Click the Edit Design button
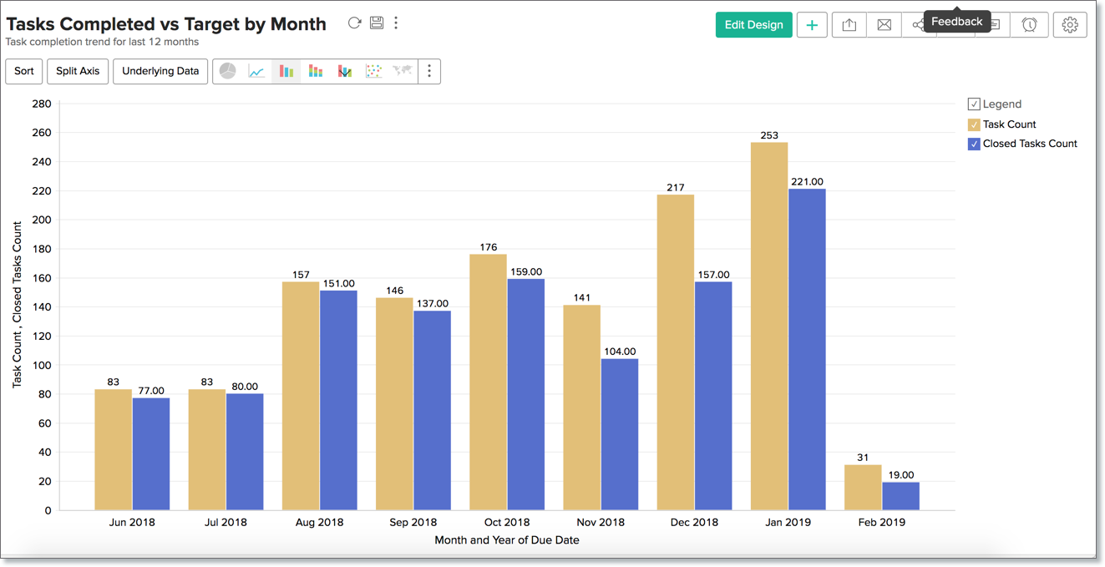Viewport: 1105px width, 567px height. [x=753, y=25]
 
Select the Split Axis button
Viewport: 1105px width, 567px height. [x=78, y=71]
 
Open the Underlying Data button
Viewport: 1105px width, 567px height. [x=160, y=71]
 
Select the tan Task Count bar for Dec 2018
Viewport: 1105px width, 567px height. [x=676, y=352]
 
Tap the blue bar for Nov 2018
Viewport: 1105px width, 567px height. [x=620, y=434]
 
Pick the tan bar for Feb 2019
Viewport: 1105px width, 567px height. [x=863, y=488]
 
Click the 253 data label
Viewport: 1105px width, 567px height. [x=769, y=135]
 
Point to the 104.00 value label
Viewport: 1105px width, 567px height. [x=620, y=352]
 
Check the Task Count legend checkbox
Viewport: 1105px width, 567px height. [x=974, y=124]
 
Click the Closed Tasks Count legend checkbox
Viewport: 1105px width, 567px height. [x=974, y=144]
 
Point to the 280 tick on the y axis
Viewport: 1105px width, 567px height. [x=41, y=104]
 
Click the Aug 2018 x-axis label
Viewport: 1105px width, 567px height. [x=319, y=522]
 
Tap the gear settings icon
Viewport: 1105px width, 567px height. [x=1070, y=25]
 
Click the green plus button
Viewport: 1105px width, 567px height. [x=812, y=25]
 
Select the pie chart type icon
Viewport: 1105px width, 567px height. [x=227, y=71]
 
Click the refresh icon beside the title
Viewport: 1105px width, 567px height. [x=355, y=23]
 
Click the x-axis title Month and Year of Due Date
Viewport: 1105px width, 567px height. [x=507, y=540]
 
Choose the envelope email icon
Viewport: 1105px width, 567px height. [x=884, y=25]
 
